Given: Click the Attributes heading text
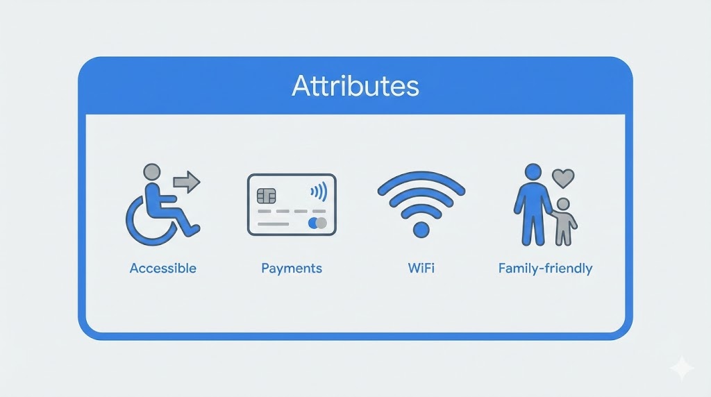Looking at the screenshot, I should pyautogui.click(x=355, y=86).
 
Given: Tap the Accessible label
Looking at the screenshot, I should pyautogui.click(x=162, y=268).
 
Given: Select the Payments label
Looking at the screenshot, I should pyautogui.click(x=292, y=268).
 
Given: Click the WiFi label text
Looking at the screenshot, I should pyautogui.click(x=421, y=268).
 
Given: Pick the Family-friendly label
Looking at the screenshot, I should pyautogui.click(x=545, y=268).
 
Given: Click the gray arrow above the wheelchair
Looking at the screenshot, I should pyautogui.click(x=186, y=183).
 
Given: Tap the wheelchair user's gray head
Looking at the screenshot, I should pyautogui.click(x=151, y=171).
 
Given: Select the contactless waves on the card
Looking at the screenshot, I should pyautogui.click(x=319, y=191).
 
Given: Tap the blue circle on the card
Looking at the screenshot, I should pyautogui.click(x=313, y=223).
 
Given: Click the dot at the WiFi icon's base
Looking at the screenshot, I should pyautogui.click(x=421, y=228).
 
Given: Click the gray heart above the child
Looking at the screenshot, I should pyautogui.click(x=563, y=178).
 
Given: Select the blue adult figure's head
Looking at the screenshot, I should pyautogui.click(x=533, y=171).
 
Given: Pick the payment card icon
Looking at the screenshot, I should pyautogui.click(x=292, y=205).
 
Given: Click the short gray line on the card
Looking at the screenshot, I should pyautogui.click(x=273, y=224).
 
